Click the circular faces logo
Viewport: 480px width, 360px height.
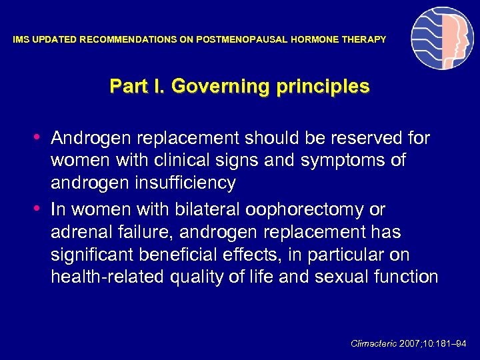pos(442,39)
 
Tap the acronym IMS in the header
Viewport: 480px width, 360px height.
pos(21,40)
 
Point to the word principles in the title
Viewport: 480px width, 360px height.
pos(325,87)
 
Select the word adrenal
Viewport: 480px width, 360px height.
pos(77,232)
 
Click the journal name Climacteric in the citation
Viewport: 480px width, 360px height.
pos(373,343)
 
